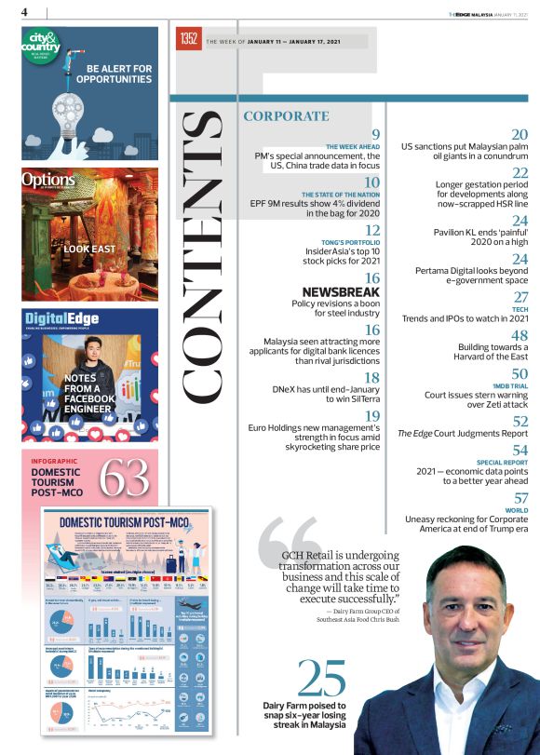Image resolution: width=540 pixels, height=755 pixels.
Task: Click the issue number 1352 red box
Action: coord(187,40)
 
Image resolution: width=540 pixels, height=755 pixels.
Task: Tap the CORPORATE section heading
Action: coord(286,116)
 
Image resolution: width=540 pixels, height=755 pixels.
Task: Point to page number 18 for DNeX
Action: coord(372,378)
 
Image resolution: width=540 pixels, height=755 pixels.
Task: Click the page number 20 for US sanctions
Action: coord(520,136)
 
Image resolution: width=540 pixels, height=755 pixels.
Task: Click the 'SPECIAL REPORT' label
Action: coord(503,462)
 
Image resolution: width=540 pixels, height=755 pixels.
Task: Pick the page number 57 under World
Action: coord(520,499)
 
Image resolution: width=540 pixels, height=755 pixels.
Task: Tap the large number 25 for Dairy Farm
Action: coord(321,680)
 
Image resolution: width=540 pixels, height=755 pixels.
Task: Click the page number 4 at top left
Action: coord(25,12)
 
